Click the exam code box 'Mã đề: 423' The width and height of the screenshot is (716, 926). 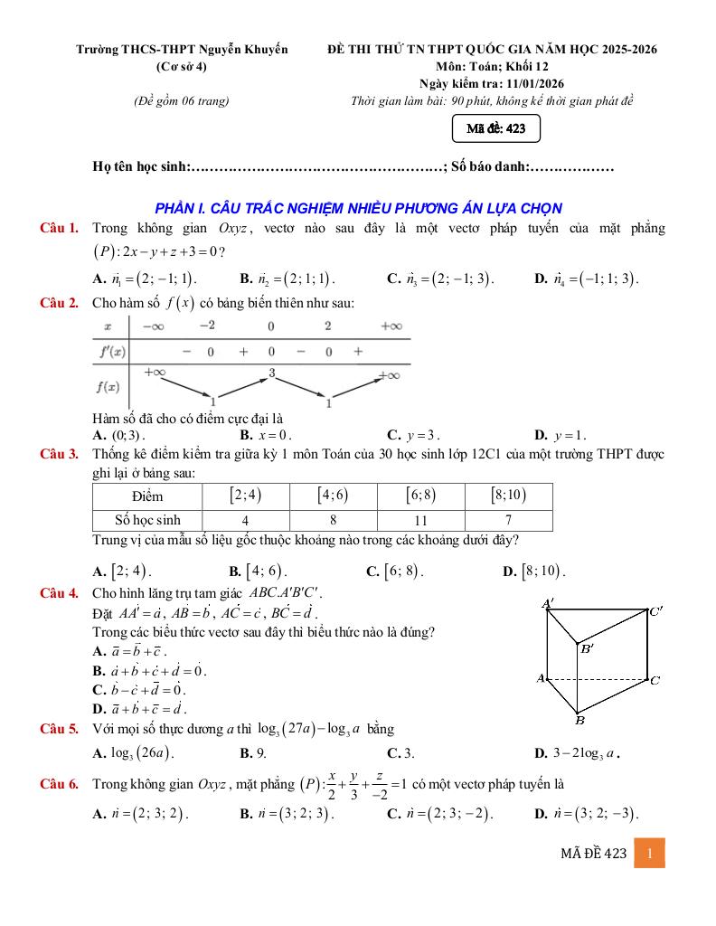[496, 129]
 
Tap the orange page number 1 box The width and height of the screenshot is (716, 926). [650, 853]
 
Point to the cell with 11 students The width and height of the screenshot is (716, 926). [420, 520]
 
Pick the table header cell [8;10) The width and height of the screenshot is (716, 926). [508, 496]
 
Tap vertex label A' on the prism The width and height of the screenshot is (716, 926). [548, 604]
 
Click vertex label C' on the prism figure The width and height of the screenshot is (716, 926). [656, 610]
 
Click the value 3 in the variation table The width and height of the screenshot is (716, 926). [270, 373]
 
